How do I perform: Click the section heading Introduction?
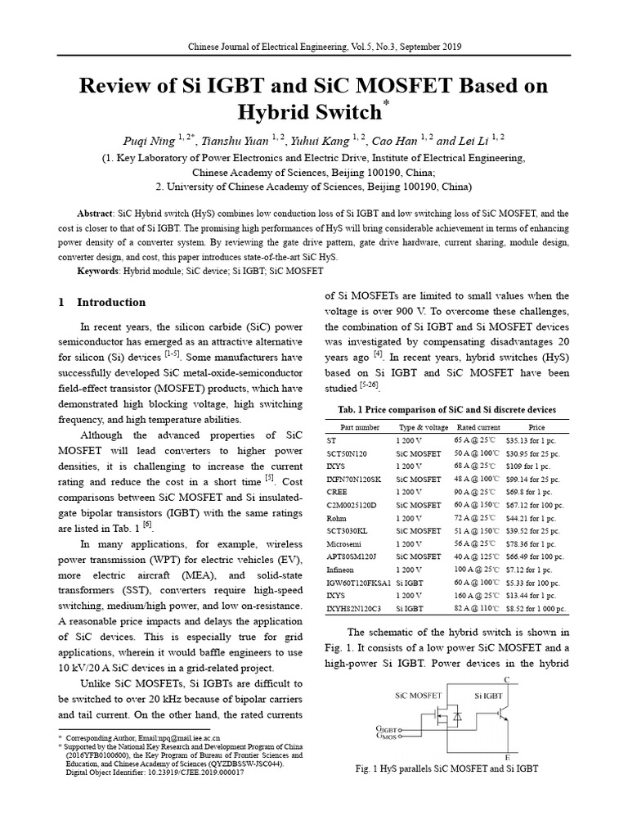pyautogui.click(x=111, y=302)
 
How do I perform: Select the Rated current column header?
pyautogui.click(x=477, y=427)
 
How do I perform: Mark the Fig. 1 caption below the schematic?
pyautogui.click(x=446, y=770)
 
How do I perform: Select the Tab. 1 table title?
pyautogui.click(x=446, y=409)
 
